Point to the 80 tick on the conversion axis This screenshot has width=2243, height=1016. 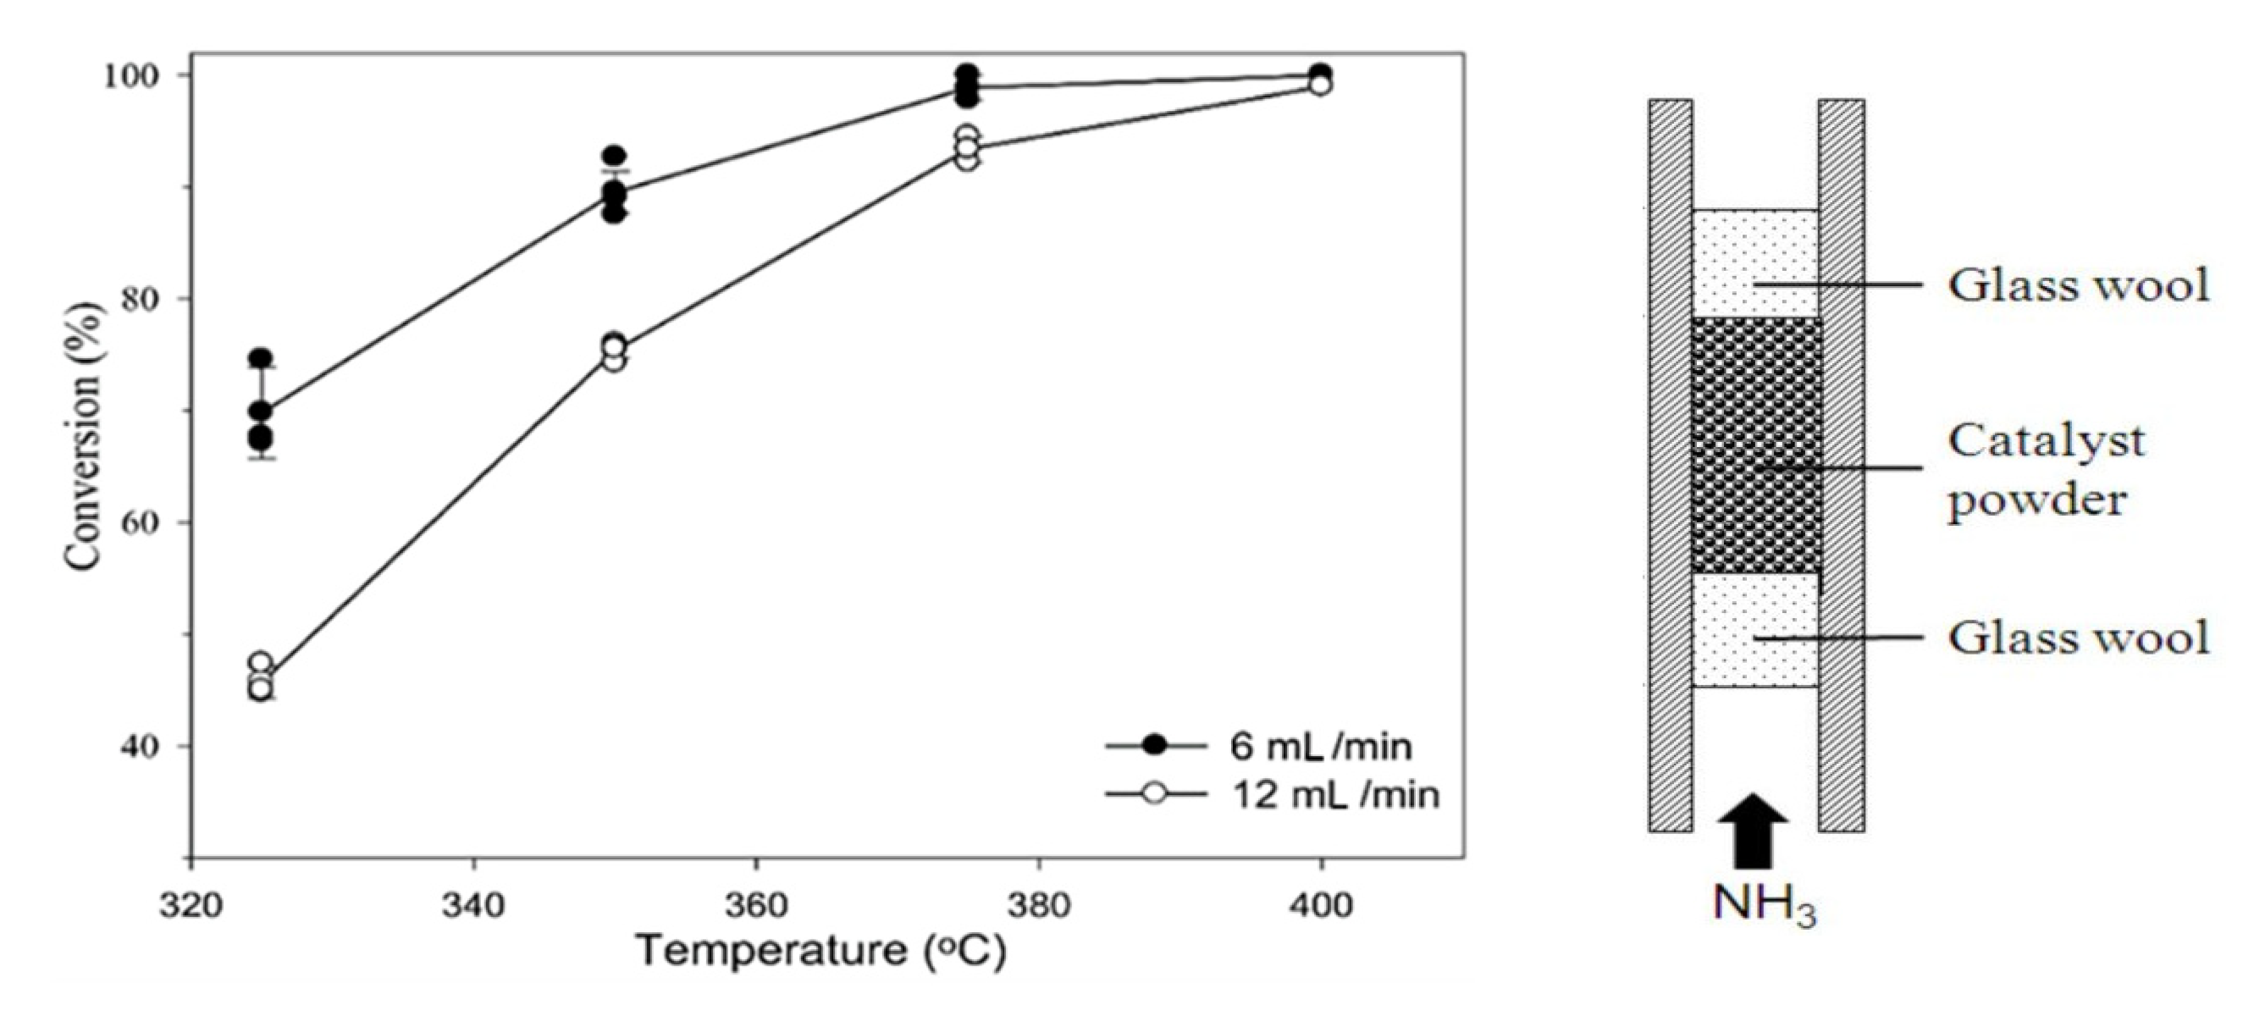pyautogui.click(x=147, y=299)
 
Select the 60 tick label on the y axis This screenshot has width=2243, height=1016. pyautogui.click(x=147, y=522)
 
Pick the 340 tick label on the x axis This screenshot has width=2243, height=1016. pyautogui.click(x=473, y=905)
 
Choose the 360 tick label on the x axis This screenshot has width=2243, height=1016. pyautogui.click(x=756, y=905)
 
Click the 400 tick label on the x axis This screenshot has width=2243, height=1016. pyautogui.click(x=1321, y=905)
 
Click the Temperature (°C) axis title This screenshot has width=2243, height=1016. pyautogui.click(x=822, y=951)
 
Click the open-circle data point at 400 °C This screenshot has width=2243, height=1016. pyautogui.click(x=1320, y=86)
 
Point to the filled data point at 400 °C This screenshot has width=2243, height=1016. pyautogui.click(x=1320, y=73)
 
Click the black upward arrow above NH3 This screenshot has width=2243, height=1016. pyautogui.click(x=1754, y=831)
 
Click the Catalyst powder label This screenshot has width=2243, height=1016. pyautogui.click(x=2045, y=470)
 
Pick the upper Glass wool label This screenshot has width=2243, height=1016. pyautogui.click(x=2079, y=284)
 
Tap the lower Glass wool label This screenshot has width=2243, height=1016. pyautogui.click(x=2079, y=638)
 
